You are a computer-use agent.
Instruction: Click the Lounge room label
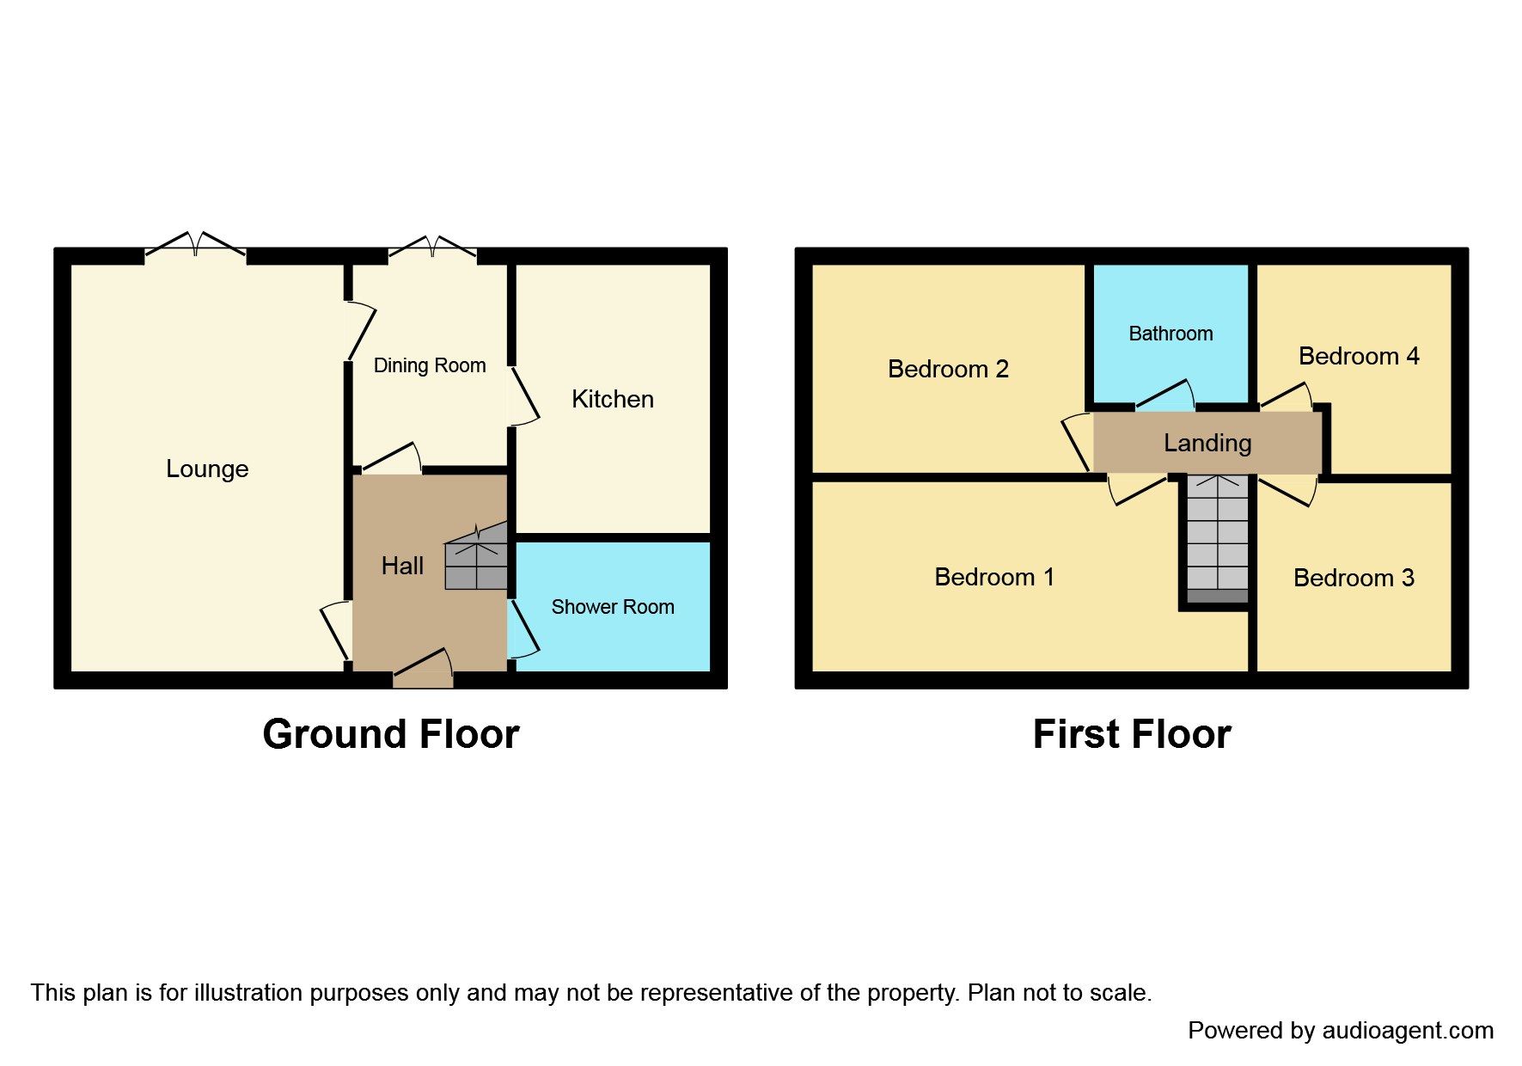[x=207, y=469]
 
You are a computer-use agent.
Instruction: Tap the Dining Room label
[x=429, y=365]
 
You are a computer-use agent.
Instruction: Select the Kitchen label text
[x=612, y=399]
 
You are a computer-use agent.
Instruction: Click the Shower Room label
[x=612, y=607]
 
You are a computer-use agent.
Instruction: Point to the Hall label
[x=402, y=566]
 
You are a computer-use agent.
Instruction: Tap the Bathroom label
[x=1171, y=334]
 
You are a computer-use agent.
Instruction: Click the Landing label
[x=1207, y=443]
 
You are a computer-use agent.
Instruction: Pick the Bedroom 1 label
[x=993, y=577]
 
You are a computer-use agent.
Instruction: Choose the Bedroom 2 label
[x=947, y=369]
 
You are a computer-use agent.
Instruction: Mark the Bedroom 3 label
[x=1353, y=578]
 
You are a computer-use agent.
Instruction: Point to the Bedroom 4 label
[x=1358, y=356]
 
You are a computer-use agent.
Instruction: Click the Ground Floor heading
[x=391, y=734]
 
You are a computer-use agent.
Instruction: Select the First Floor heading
[x=1131, y=734]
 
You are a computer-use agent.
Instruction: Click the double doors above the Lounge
[x=196, y=245]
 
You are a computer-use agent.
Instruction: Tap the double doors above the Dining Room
[x=432, y=247]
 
